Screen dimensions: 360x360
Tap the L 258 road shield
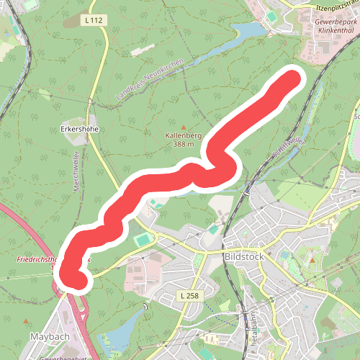click(189, 296)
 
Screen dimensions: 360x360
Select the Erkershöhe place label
click(79, 130)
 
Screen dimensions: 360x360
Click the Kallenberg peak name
click(183, 135)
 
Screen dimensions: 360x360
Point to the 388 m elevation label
click(183, 144)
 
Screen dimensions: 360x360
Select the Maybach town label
click(48, 336)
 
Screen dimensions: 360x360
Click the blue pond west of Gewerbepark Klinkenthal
click(245, 31)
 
